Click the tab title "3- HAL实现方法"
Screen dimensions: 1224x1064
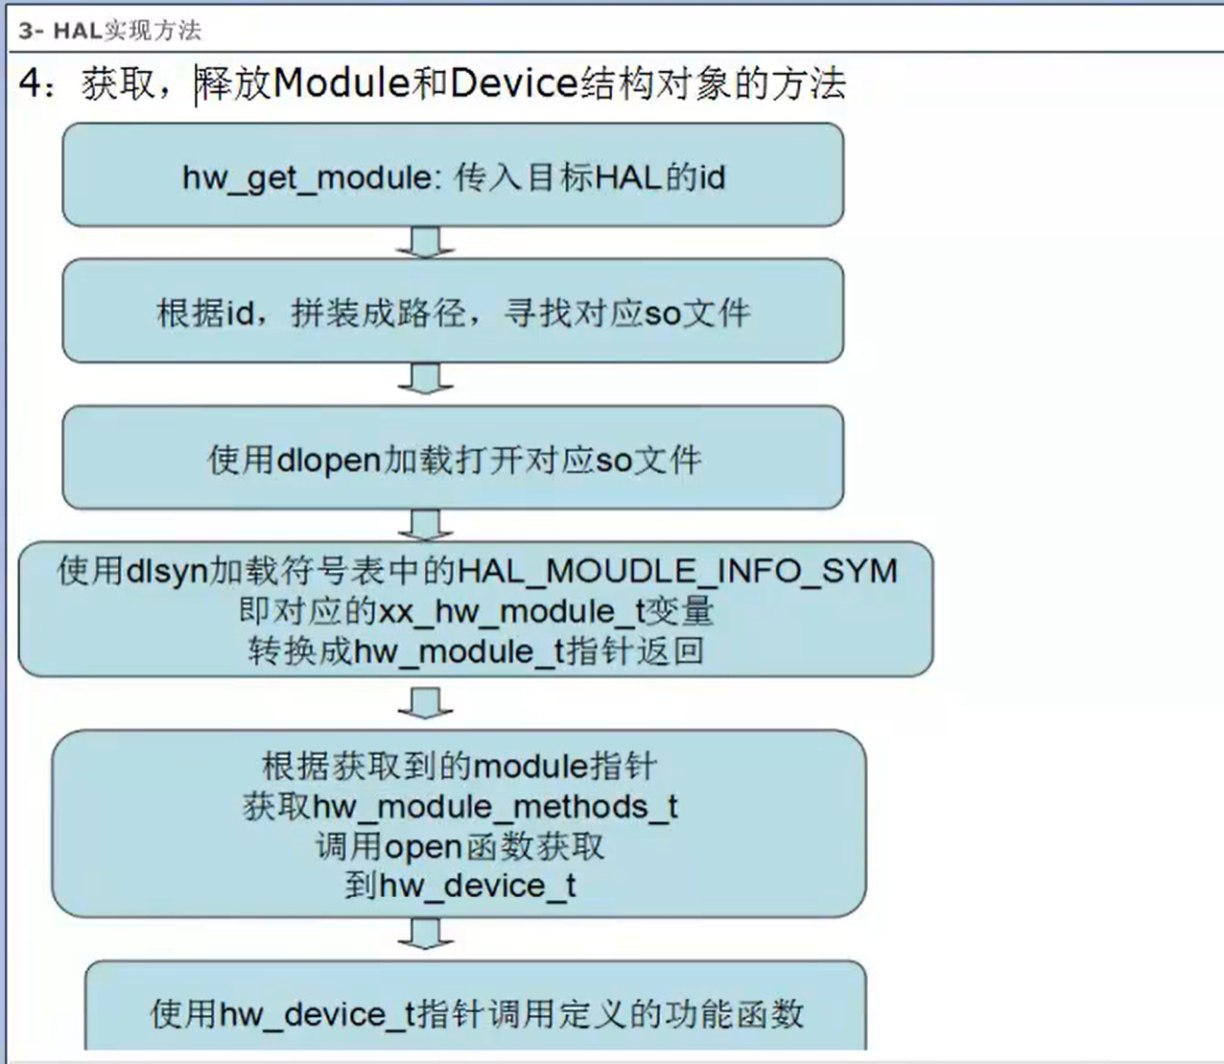(x=109, y=31)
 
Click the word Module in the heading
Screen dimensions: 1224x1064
(x=341, y=83)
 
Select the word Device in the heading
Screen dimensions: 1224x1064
(x=513, y=83)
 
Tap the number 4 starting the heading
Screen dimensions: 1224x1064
(x=31, y=84)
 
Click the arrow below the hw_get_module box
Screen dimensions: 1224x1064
(x=425, y=243)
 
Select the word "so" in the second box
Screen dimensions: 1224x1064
(x=662, y=314)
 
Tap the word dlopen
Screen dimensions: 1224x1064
(x=328, y=461)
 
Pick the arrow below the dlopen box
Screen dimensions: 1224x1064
(x=425, y=525)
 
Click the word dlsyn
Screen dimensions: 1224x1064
(x=167, y=571)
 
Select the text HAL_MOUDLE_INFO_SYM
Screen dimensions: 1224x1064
(x=677, y=571)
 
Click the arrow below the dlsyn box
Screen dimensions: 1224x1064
(x=425, y=703)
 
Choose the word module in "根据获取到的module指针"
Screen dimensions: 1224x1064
(x=530, y=767)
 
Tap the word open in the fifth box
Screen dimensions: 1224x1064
(x=423, y=847)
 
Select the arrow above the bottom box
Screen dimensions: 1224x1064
(x=425, y=933)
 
